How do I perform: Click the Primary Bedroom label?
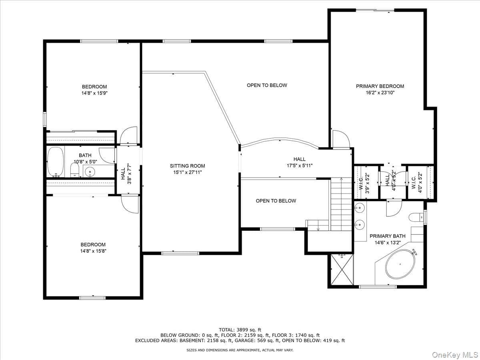(380, 86)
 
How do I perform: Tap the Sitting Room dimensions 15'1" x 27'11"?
(188, 172)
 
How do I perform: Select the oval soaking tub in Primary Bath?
(400, 264)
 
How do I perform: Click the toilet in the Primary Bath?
(416, 217)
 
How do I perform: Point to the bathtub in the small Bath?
(56, 162)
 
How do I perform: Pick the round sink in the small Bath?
(90, 172)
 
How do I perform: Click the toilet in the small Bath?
(74, 170)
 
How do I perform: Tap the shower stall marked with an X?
(342, 270)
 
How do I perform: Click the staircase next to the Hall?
(341, 204)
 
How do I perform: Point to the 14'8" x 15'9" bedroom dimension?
(94, 93)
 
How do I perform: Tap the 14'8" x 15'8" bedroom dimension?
(93, 251)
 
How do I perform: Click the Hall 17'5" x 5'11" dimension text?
(300, 166)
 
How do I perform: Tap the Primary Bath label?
(388, 236)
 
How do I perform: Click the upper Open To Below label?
(267, 85)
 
